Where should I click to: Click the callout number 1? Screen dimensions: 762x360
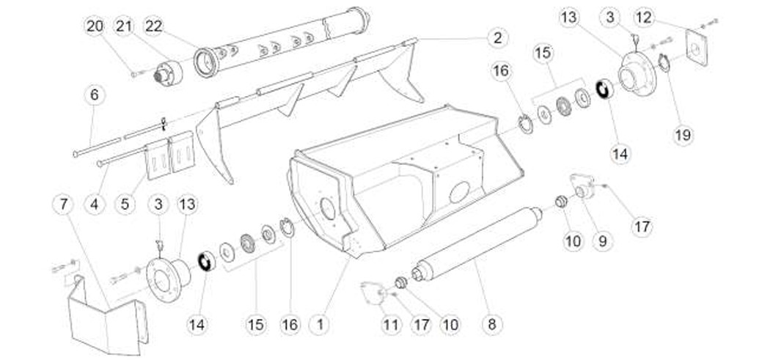point(320,325)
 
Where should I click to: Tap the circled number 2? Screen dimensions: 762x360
point(497,38)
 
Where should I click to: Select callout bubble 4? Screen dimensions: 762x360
point(95,205)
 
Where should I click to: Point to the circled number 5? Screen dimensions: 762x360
point(125,205)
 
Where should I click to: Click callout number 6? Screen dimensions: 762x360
point(95,95)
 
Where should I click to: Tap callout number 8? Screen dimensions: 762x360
point(492,325)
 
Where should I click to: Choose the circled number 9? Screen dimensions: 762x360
point(603,241)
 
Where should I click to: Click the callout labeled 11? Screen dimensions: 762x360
point(391,325)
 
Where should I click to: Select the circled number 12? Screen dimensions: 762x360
point(644,18)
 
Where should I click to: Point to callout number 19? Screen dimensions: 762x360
point(683,135)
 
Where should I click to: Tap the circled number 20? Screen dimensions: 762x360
point(95,26)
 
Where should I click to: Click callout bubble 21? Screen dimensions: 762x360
point(125,26)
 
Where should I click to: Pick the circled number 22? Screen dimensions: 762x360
point(153,26)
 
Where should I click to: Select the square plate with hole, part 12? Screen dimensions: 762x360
point(697,47)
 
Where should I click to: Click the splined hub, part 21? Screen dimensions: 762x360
point(168,73)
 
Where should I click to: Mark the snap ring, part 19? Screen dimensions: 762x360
point(664,63)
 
